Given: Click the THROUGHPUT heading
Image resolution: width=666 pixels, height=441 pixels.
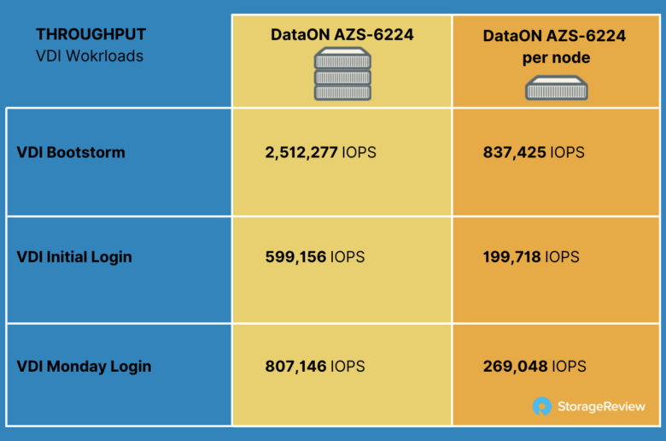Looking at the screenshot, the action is tap(91, 34).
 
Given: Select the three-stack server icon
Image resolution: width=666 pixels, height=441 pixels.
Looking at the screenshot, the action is tap(342, 73).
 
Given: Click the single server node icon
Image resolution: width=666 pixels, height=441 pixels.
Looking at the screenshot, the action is tap(557, 88).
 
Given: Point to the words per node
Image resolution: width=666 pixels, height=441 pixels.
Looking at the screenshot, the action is tap(556, 58).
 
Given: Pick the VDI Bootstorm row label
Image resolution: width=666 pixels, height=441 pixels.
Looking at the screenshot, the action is tap(71, 152).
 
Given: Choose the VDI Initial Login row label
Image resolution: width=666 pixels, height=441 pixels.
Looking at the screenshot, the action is tap(74, 257).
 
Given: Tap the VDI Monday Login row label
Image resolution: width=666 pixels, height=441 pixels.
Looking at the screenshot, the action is tap(84, 366).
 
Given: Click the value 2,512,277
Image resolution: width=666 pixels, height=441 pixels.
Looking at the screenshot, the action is tap(301, 152).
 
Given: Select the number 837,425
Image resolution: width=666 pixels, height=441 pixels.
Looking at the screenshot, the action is tap(514, 152).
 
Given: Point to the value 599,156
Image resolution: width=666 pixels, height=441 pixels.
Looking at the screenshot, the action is tap(295, 257).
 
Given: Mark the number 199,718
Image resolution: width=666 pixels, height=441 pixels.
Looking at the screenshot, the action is tap(511, 257).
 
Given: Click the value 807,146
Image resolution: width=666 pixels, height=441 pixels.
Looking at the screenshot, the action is tap(295, 366).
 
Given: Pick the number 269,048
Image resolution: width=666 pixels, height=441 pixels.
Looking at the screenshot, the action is tap(515, 366).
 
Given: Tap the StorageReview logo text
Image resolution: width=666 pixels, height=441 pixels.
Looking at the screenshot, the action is tap(601, 407).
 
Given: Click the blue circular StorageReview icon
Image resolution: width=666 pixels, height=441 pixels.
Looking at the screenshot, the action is tap(542, 406).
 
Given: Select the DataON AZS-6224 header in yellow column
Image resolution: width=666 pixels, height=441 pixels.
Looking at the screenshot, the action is tap(342, 35).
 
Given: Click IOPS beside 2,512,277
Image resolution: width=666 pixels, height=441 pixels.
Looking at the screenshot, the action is tap(359, 152).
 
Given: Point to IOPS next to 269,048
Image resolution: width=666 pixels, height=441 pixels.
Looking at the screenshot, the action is tap(570, 366).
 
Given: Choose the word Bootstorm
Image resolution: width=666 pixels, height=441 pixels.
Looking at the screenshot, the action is tap(85, 152).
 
